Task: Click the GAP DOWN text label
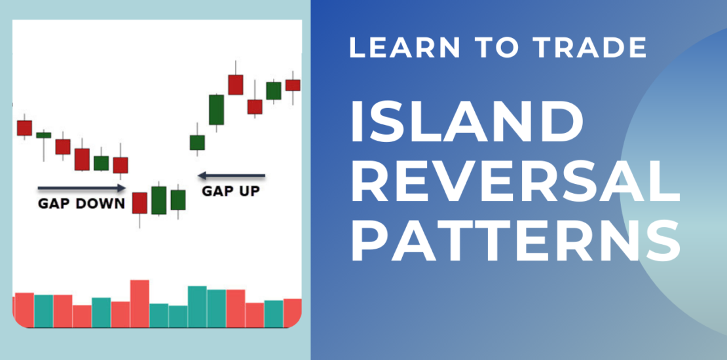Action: click(x=81, y=204)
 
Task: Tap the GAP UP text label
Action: click(x=231, y=191)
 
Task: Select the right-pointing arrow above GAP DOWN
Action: click(x=82, y=188)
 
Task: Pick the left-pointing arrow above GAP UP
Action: click(x=231, y=175)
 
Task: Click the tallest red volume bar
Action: click(x=140, y=304)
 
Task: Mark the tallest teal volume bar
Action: click(x=197, y=307)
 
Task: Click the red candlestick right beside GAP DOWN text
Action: click(x=140, y=203)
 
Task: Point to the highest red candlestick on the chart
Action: click(x=236, y=84)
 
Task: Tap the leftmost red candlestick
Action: click(x=25, y=128)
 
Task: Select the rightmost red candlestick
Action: click(x=293, y=85)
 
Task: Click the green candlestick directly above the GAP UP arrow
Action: click(x=197, y=143)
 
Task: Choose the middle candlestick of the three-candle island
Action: click(x=159, y=200)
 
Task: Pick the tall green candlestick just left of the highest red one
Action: click(x=217, y=110)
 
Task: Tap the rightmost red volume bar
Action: click(x=293, y=314)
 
